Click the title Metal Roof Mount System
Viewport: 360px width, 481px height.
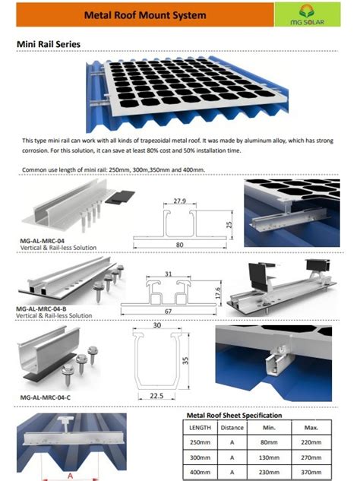coord(144,14)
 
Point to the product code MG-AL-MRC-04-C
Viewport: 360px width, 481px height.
coord(46,397)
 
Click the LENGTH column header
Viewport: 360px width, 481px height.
coord(201,428)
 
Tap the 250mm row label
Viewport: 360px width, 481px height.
coord(201,444)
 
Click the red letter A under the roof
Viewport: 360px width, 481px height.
coord(71,475)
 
